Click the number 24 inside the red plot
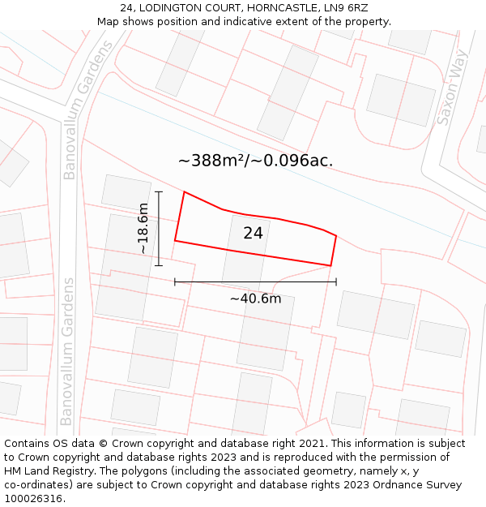[253, 234]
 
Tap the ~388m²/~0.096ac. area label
[255, 161]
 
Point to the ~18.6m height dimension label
[143, 229]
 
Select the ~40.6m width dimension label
[255, 299]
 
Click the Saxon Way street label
[453, 88]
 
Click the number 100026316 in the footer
[34, 498]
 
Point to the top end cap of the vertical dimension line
[159, 191]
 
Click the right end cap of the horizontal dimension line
[336, 281]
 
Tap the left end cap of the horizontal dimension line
[175, 281]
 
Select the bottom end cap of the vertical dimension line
[159, 265]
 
